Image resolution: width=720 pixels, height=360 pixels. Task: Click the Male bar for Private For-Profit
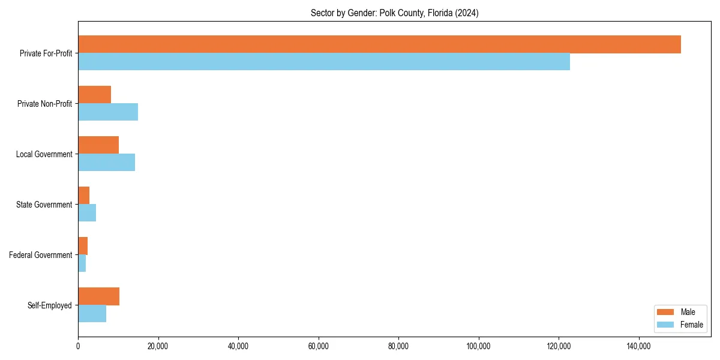[x=379, y=44]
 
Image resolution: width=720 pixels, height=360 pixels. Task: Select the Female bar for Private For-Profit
[x=324, y=62]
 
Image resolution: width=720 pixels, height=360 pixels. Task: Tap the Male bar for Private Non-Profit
[x=94, y=95]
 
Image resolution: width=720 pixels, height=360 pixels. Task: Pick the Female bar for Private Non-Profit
[x=108, y=112]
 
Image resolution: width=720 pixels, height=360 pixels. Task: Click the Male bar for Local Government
[x=98, y=145]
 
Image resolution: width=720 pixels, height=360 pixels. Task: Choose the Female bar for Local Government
[x=106, y=163]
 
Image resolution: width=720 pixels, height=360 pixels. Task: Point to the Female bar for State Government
[x=87, y=213]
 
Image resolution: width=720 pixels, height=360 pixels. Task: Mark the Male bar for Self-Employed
[x=98, y=296]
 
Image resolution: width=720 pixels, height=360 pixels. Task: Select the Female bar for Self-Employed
[x=92, y=314]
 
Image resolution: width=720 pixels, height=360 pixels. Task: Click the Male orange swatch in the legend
[x=666, y=312]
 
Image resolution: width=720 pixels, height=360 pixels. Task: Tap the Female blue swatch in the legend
[x=666, y=325]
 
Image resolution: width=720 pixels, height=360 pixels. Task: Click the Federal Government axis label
[x=41, y=255]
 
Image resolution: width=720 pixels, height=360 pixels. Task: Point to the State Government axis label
[x=44, y=205]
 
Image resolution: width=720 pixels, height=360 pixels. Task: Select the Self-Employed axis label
[x=50, y=305]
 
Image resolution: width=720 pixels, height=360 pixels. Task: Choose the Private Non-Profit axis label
[x=44, y=104]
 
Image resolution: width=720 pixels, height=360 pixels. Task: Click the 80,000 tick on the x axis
[x=398, y=346]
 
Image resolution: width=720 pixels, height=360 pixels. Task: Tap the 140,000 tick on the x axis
[x=639, y=346]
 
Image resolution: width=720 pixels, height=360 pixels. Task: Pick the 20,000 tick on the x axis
[x=158, y=346]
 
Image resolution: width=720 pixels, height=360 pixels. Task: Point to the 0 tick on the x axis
[x=78, y=346]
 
